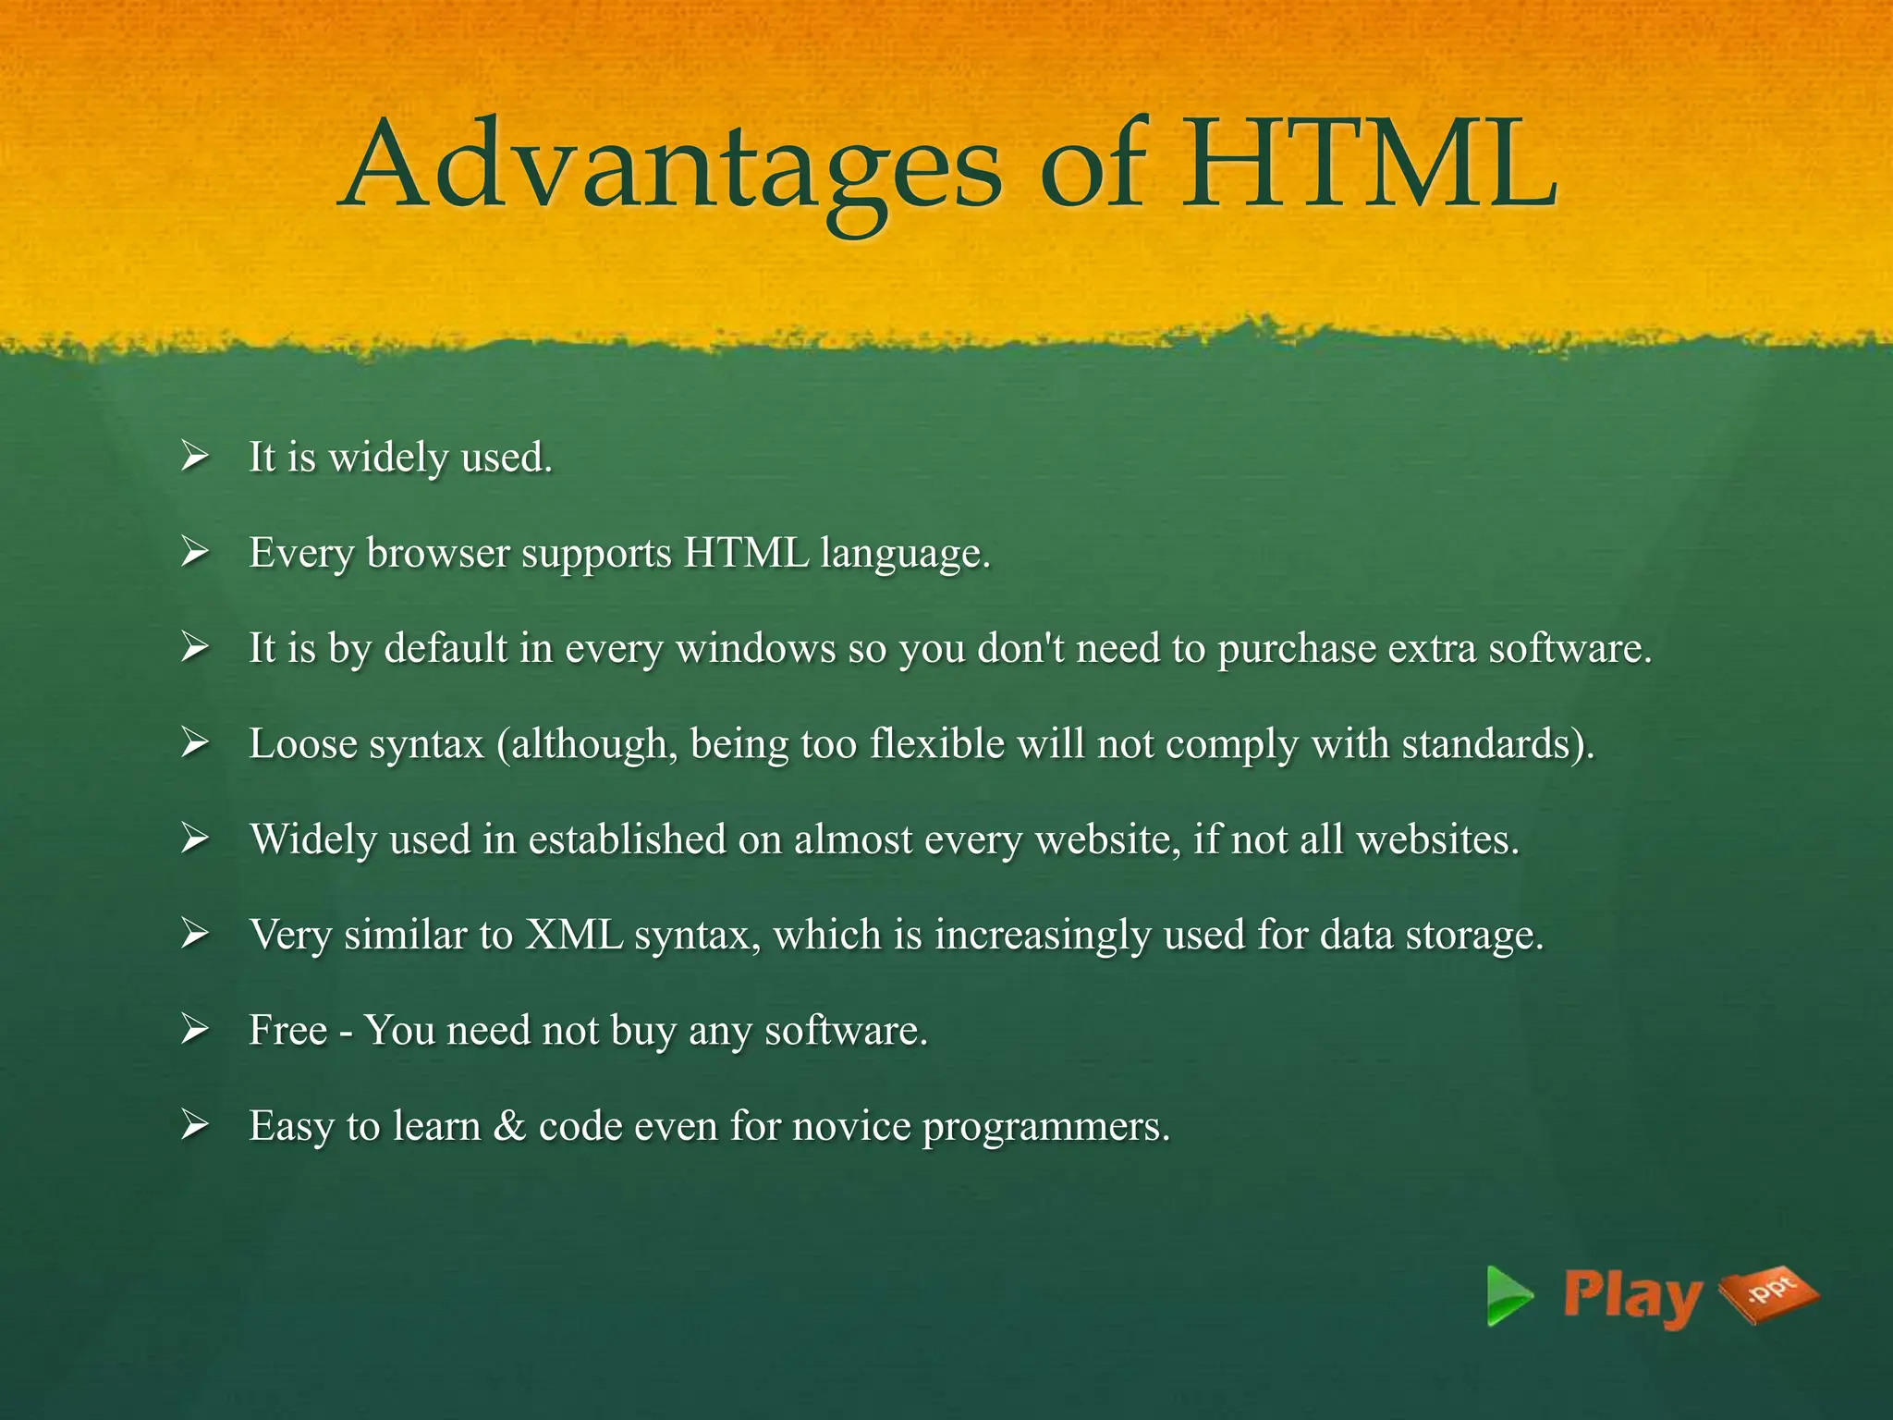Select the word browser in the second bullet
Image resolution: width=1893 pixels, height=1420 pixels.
click(438, 554)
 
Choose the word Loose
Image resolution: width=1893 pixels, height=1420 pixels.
click(302, 744)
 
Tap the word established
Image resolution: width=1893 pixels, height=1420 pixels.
click(627, 839)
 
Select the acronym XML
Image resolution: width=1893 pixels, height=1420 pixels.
click(574, 935)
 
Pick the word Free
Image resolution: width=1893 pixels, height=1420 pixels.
click(287, 1031)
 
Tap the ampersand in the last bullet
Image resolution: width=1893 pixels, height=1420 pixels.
click(509, 1127)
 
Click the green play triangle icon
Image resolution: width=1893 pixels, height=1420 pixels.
click(1508, 1295)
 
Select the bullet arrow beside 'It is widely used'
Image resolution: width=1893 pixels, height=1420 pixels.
click(194, 457)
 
